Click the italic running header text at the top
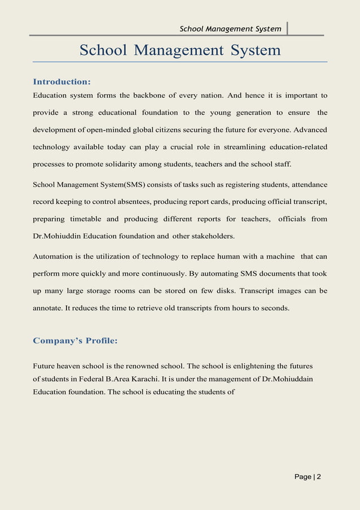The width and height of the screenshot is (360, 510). click(x=230, y=29)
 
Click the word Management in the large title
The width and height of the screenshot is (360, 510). click(x=180, y=50)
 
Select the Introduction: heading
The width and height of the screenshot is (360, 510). click(x=62, y=82)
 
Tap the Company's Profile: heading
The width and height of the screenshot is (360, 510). click(x=75, y=341)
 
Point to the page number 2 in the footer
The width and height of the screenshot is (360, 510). click(x=319, y=477)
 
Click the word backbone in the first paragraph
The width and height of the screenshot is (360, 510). click(x=149, y=95)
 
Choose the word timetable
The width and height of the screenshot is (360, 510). click(x=84, y=219)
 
